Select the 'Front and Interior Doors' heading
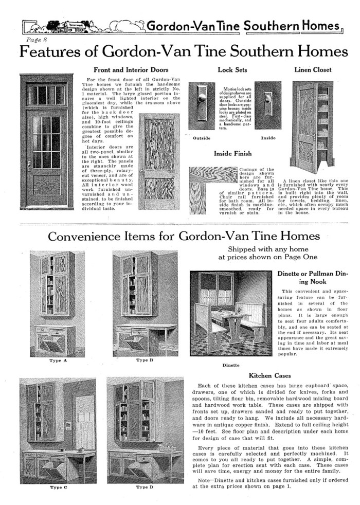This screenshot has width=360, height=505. (131, 70)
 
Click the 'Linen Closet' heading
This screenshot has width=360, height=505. (313, 69)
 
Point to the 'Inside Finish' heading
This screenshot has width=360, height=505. (232, 153)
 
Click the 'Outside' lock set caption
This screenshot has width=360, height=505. (201, 138)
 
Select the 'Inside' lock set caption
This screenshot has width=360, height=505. (268, 138)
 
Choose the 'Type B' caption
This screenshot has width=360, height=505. (145, 360)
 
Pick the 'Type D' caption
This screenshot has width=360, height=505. (145, 486)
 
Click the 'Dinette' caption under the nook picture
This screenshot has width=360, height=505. (230, 365)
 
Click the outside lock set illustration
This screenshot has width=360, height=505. (202, 105)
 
